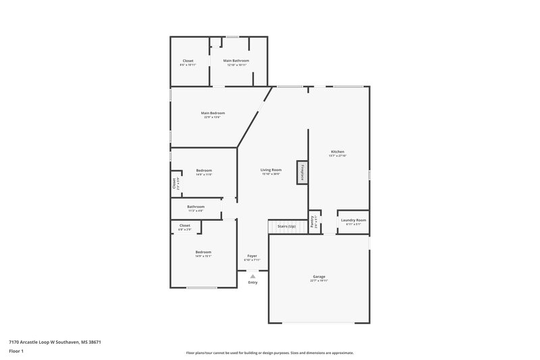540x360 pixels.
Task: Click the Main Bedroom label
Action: tap(213, 113)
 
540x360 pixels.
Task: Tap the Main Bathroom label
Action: tap(236, 61)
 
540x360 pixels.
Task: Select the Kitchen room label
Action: tap(337, 151)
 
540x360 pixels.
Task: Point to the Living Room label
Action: tap(271, 170)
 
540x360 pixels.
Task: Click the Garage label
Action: tap(319, 276)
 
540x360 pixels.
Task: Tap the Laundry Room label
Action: tap(353, 220)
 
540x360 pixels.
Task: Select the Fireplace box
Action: tap(302, 171)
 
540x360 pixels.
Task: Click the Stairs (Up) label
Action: tap(283, 226)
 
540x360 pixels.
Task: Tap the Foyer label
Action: tap(252, 256)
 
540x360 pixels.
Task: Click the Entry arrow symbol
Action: tap(252, 276)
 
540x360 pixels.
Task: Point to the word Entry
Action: tap(252, 282)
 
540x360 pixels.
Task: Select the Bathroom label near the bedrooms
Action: tap(196, 207)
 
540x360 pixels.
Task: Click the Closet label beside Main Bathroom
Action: tap(188, 61)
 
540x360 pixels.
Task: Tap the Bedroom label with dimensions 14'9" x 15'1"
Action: tap(203, 252)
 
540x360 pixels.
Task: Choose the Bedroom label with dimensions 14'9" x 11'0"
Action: tap(204, 170)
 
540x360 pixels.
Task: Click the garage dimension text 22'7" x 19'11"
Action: tap(319, 280)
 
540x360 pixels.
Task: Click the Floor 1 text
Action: tap(16, 352)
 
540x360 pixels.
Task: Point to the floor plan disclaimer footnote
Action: tap(269, 353)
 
